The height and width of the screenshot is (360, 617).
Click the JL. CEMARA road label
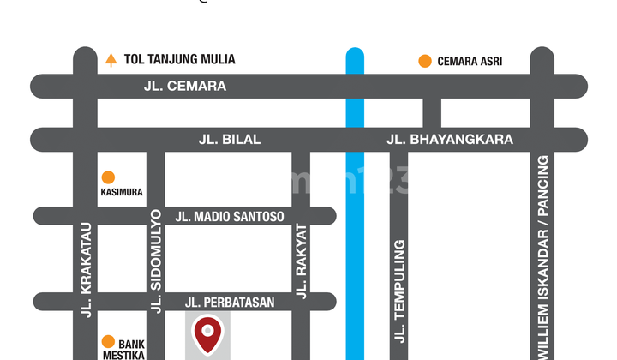pos(185,86)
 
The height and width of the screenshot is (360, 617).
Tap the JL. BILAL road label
pos(230,139)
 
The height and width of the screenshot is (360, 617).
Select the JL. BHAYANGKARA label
pos(450,139)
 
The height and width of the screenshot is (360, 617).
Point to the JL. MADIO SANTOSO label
pos(230,217)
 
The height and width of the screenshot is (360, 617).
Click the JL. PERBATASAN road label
pos(230,302)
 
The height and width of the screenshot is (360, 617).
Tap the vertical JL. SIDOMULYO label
pos(156,261)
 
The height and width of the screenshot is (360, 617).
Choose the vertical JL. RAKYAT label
pos(301,261)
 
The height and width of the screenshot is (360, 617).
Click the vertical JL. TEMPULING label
pos(399,291)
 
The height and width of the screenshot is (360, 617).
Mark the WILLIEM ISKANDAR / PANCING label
pos(542,257)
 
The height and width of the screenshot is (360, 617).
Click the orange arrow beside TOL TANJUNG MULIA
pos(111,60)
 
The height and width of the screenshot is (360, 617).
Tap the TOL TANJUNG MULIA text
pos(180,60)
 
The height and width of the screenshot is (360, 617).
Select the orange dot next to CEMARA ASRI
pos(424,61)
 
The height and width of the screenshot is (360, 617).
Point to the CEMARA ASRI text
pos(470,61)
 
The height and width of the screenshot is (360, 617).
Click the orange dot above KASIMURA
pos(108,177)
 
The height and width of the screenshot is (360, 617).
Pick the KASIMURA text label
pos(121,193)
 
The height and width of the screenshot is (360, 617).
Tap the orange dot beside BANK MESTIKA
pos(108,341)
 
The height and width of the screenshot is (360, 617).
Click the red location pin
pos(208,334)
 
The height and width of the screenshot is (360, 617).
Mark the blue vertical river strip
pos(355,240)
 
